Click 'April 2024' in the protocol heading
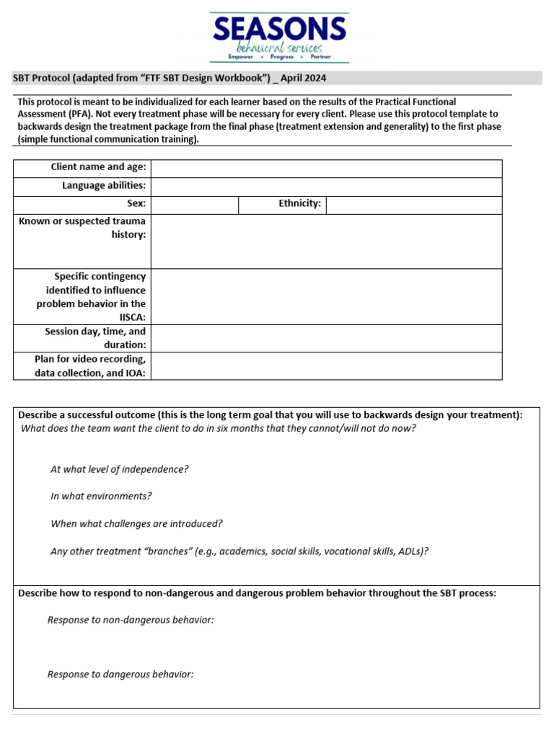(x=306, y=78)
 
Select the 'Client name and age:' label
(x=98, y=167)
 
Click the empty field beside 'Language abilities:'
(x=326, y=186)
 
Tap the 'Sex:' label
(x=136, y=204)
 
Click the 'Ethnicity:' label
(x=299, y=204)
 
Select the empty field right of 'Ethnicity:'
(x=413, y=205)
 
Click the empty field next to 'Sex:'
(x=195, y=205)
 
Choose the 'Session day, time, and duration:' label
(x=95, y=338)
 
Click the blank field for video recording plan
(x=326, y=365)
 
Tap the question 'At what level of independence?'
(x=119, y=469)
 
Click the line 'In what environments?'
(x=101, y=497)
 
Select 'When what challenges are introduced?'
(x=136, y=524)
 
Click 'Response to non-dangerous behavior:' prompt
(x=131, y=620)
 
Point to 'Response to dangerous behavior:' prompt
(x=120, y=675)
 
